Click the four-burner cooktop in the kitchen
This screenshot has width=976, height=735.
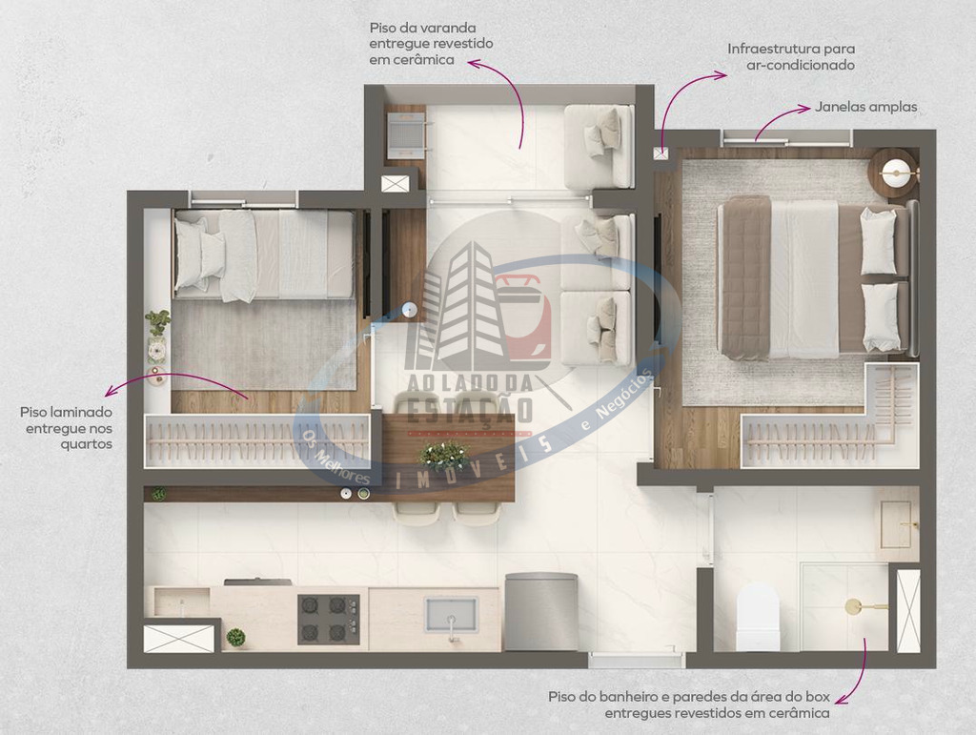[329, 619]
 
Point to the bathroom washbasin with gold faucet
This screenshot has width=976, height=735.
[900, 524]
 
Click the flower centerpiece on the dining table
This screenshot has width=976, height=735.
[443, 455]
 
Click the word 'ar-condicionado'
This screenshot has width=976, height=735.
[801, 65]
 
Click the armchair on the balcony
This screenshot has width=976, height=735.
[599, 146]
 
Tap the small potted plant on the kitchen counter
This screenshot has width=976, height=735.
[235, 638]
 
